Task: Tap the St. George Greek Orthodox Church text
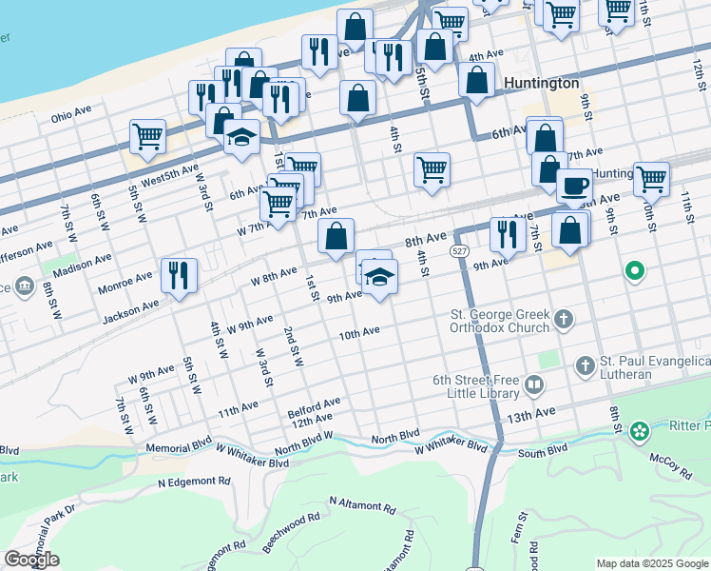[501, 321]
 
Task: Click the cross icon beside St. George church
[564, 319]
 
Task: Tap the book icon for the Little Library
[533, 385]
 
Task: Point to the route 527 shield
[459, 250]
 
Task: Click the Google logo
[31, 560]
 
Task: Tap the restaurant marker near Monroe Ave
[179, 275]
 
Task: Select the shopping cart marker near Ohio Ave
[147, 136]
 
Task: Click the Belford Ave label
[314, 406]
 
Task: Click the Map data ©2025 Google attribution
[651, 562]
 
